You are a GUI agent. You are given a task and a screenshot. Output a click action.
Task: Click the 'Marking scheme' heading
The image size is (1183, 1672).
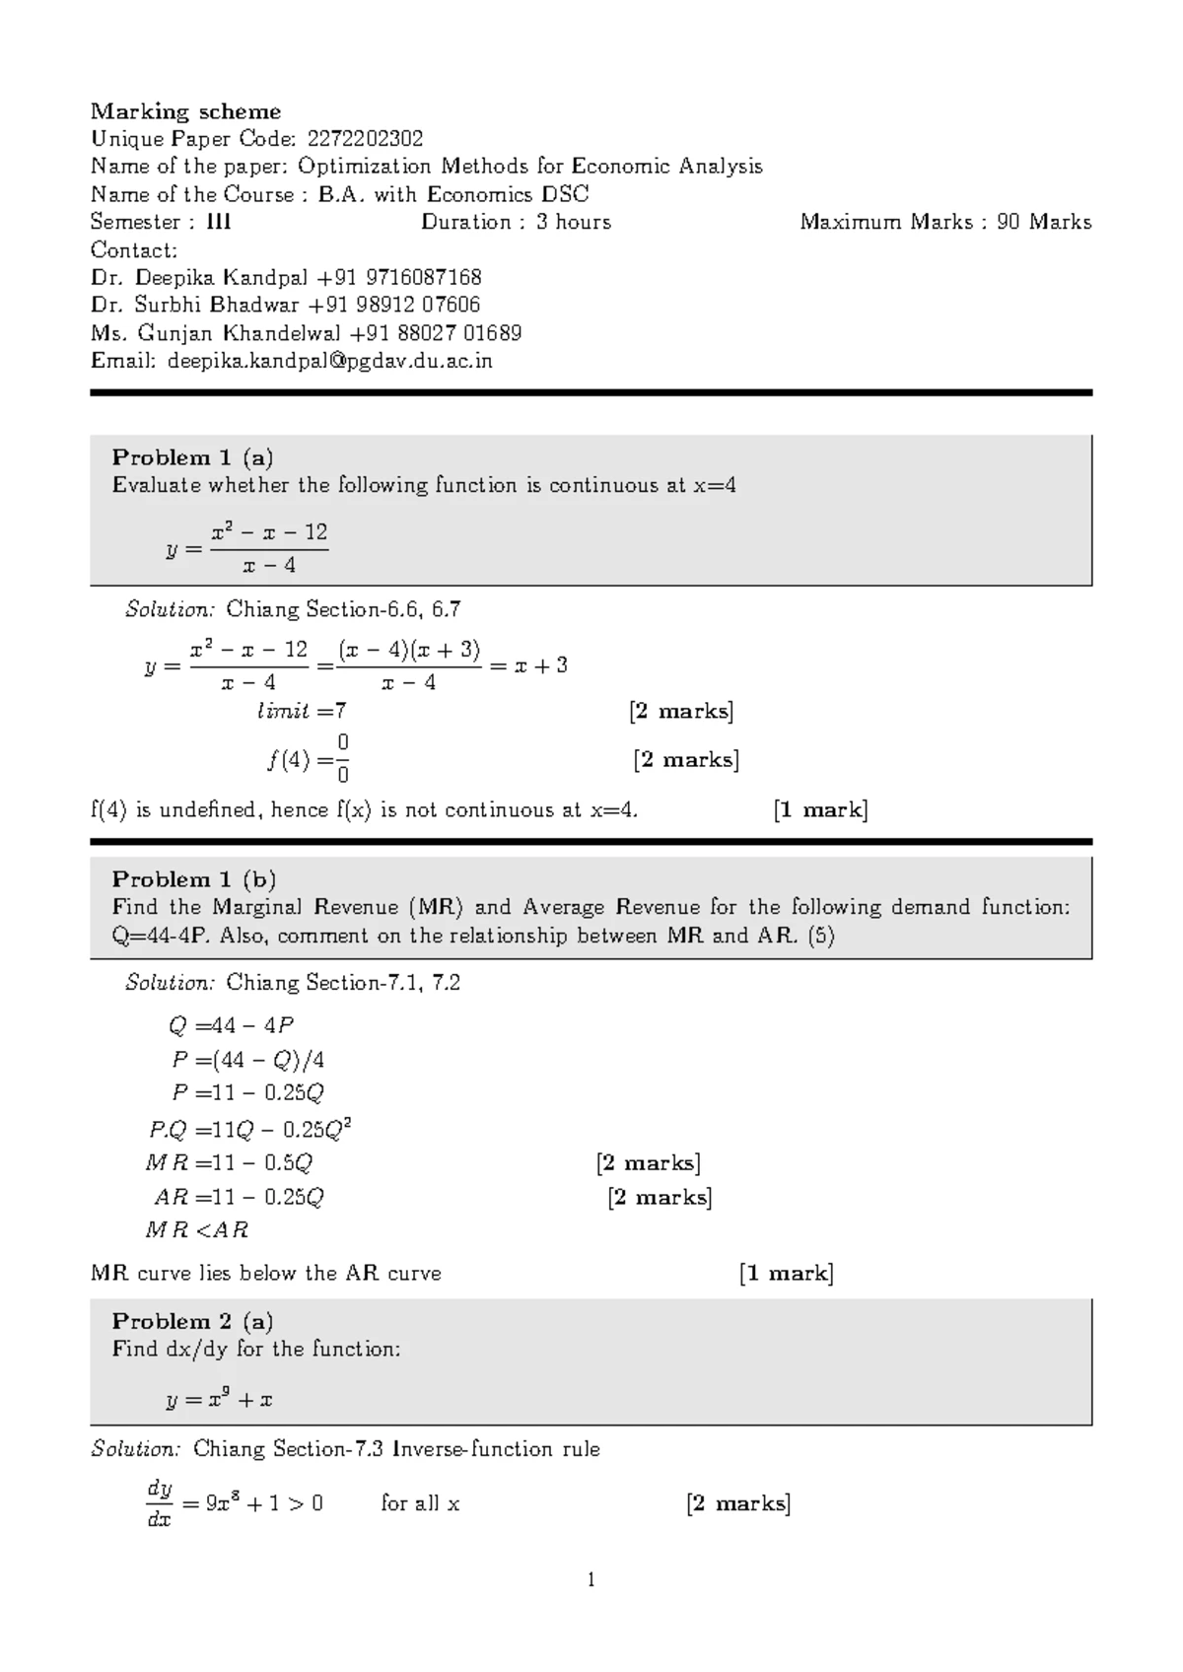185,111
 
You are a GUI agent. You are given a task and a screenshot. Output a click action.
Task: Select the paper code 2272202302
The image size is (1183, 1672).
365,139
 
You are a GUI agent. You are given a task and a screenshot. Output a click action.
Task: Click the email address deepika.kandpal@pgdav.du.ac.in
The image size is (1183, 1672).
329,361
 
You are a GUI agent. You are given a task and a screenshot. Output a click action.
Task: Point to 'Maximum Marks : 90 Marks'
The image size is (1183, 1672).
944,222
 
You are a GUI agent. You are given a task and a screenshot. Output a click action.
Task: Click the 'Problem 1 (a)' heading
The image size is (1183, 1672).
192,457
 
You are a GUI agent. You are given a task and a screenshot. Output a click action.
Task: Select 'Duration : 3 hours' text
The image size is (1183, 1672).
516,222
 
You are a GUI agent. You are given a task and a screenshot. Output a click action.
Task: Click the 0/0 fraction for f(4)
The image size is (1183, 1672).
342,758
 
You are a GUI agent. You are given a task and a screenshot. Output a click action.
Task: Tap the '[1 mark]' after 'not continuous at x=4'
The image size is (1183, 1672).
820,810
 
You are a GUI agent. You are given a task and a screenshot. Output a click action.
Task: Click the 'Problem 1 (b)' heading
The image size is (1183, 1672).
193,879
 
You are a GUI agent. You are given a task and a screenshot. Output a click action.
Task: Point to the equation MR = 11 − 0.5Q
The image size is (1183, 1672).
229,1163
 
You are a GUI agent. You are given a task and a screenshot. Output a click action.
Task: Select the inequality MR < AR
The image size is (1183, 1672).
196,1230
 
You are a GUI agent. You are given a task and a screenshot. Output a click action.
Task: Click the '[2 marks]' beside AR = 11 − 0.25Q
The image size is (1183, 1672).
660,1198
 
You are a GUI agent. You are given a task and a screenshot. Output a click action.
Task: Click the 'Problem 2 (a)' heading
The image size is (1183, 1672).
192,1321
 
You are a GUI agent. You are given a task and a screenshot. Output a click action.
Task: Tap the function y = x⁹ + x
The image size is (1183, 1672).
219,1399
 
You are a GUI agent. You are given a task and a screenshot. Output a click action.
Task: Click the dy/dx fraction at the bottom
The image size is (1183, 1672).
159,1503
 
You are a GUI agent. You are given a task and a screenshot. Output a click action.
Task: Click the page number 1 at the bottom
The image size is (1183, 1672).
591,1580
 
